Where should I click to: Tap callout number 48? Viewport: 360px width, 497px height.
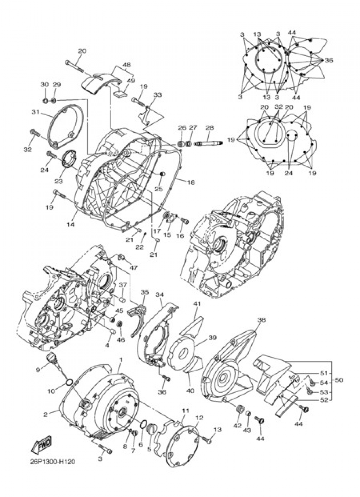[x=126, y=65]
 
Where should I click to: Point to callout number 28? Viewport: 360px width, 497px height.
[x=210, y=127]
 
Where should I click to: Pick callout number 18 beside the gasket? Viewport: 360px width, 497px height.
[x=191, y=182]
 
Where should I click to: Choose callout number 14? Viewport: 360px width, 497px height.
[x=71, y=224]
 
